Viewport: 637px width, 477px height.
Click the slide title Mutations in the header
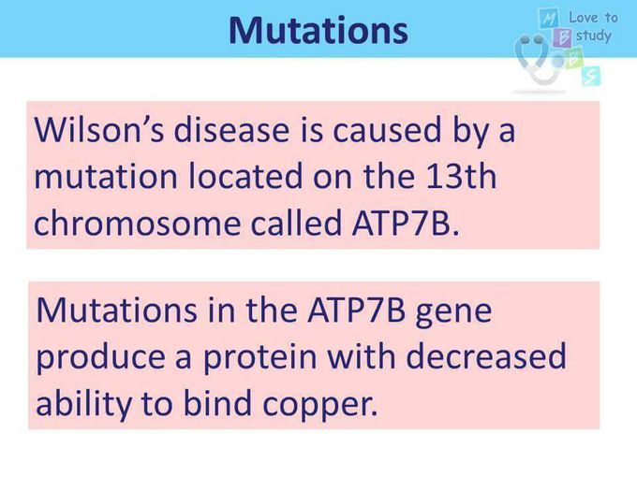tap(318, 31)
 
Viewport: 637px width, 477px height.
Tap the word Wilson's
tap(99, 129)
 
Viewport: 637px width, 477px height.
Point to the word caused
tap(386, 129)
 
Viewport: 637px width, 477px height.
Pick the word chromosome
tap(138, 223)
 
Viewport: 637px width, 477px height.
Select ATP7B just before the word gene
tap(356, 310)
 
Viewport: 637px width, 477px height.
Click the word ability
tap(84, 404)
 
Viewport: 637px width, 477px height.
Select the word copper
tap(319, 405)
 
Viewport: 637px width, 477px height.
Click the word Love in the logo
tap(584, 18)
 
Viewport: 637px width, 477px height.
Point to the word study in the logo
tap(594, 36)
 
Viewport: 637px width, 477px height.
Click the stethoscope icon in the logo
tap(537, 60)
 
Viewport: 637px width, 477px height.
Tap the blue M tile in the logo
tap(546, 19)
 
